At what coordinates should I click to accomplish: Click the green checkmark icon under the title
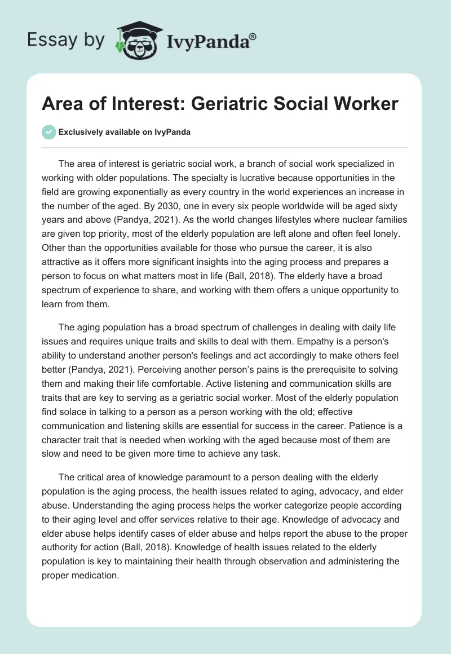[x=48, y=132]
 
